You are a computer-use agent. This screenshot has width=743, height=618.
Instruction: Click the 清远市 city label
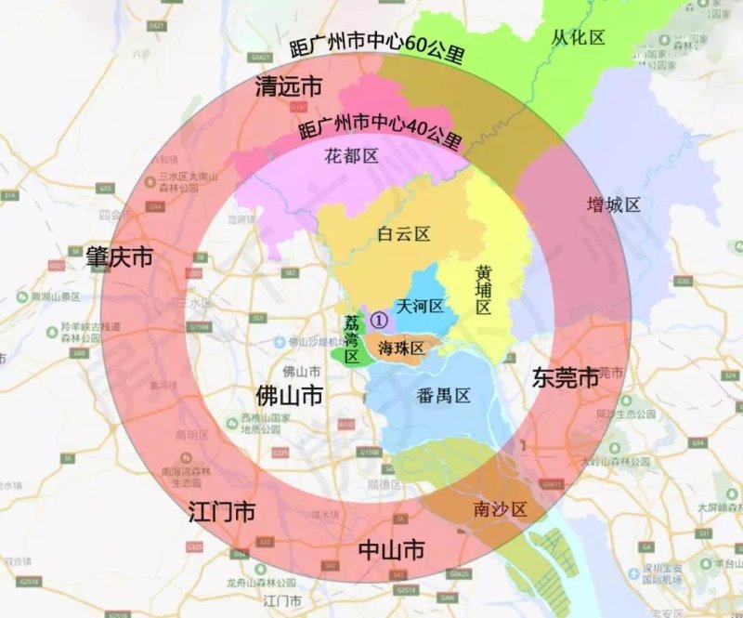(289, 88)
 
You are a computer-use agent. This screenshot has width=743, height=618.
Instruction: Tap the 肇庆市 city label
(119, 256)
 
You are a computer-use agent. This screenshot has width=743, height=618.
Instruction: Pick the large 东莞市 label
(565, 378)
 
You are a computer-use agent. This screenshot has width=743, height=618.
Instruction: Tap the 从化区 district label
(578, 37)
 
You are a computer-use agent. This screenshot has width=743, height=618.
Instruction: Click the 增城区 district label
(614, 204)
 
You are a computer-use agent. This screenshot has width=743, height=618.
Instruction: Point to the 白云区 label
(404, 234)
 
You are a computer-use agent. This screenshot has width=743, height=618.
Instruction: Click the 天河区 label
(420, 306)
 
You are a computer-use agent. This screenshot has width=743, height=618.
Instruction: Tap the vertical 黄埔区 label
(483, 291)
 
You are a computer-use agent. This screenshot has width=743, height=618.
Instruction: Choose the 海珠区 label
(400, 348)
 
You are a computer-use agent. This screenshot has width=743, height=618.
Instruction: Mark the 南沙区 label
(500, 509)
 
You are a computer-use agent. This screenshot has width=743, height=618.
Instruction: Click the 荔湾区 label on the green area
(352, 339)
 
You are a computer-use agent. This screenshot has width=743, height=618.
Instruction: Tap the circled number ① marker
(378, 319)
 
